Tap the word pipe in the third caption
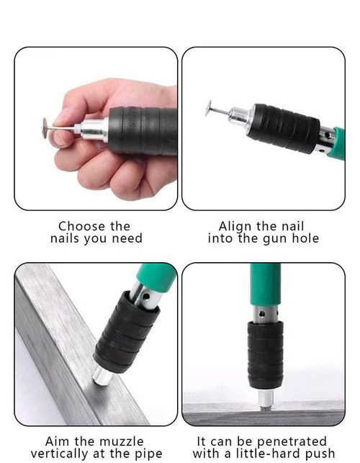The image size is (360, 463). [x=147, y=454]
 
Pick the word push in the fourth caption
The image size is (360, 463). [x=320, y=454]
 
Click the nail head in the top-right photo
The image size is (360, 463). [x=207, y=109]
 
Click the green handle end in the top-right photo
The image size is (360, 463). [x=337, y=143]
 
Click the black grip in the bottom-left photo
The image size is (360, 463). [x=126, y=331]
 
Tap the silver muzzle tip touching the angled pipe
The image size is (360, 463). [x=102, y=375]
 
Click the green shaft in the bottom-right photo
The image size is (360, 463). [x=265, y=284]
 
